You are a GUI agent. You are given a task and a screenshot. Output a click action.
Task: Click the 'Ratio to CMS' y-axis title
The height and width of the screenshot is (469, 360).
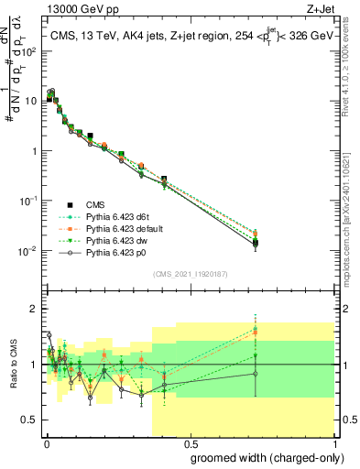pyautogui.click(x=12, y=365)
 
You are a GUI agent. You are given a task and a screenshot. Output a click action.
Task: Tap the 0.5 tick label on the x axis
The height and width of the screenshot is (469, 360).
pyautogui.click(x=189, y=443)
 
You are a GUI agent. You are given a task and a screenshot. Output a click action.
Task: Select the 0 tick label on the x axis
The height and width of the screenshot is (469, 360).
pyautogui.click(x=45, y=443)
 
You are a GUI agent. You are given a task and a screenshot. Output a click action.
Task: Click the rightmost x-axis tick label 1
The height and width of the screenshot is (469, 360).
pyautogui.click(x=333, y=443)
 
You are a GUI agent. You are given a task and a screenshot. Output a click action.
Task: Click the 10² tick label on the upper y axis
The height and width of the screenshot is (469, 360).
pyautogui.click(x=31, y=50)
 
